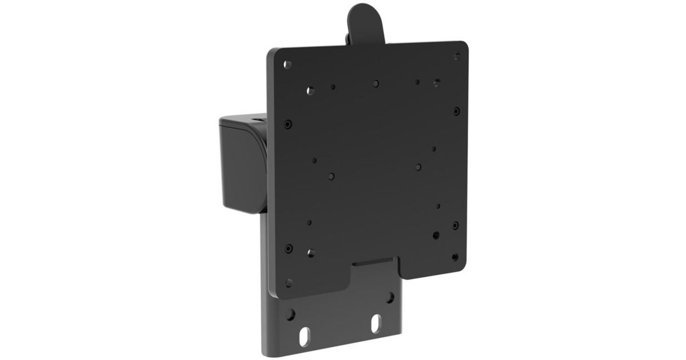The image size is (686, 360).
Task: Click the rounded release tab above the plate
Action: [x=366, y=23]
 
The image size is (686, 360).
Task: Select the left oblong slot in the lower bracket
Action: [x=304, y=336]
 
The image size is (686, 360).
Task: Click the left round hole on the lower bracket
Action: [x=290, y=314]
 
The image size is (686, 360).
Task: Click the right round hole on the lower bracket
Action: [x=390, y=298]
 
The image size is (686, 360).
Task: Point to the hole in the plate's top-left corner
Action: [x=288, y=65]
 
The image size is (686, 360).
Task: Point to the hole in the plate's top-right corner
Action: [x=457, y=56]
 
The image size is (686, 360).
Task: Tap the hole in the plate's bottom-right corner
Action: [x=455, y=257]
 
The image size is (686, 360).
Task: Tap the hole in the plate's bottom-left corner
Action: [x=289, y=283]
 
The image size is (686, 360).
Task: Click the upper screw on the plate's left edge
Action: [x=288, y=124]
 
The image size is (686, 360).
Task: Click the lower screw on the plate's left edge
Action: [x=289, y=248]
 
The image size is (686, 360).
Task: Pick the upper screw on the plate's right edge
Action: [x=456, y=111]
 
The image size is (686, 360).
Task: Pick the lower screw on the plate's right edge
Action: [x=456, y=226]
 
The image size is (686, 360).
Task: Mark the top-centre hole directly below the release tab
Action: [x=376, y=83]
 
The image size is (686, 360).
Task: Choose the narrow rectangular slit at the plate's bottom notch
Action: [x=372, y=265]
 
